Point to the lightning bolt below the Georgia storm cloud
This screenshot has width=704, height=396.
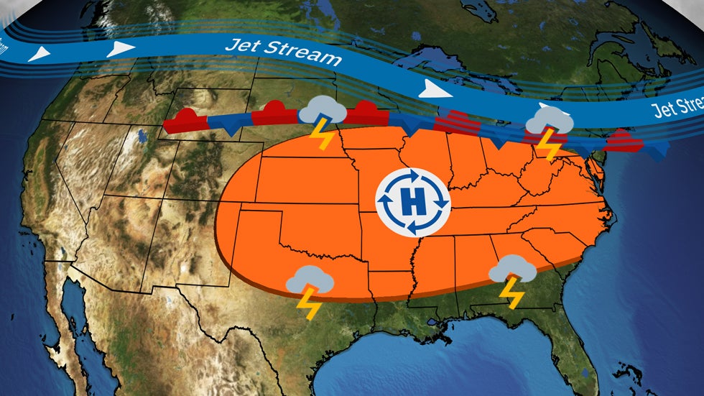coord(511,293)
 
